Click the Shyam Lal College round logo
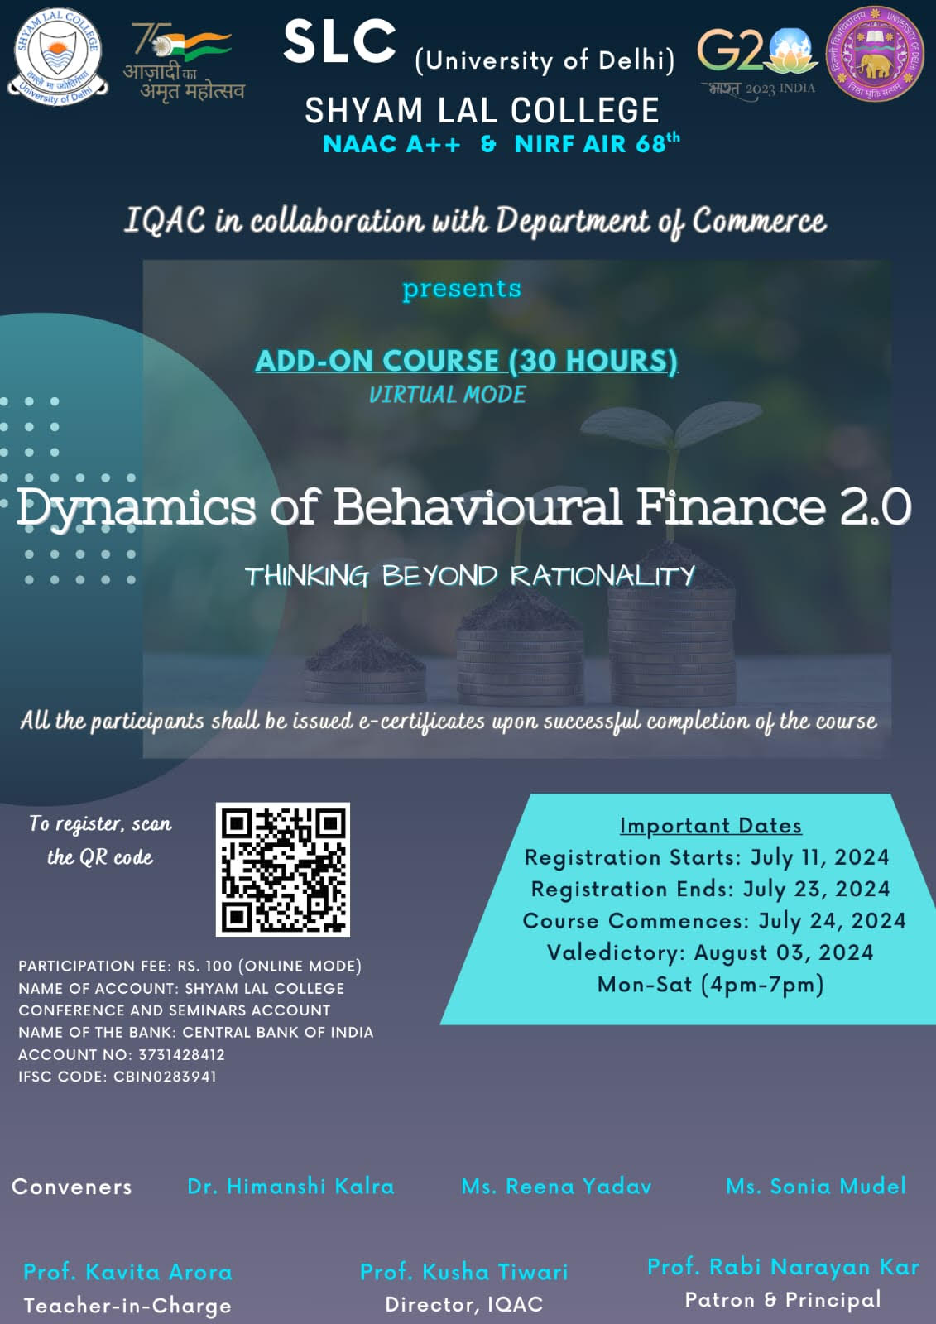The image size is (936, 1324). [x=57, y=57]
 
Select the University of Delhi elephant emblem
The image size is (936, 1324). [x=875, y=55]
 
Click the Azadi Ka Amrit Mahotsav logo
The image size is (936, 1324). [x=184, y=61]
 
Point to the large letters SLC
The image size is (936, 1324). [x=339, y=41]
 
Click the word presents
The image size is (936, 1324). [x=462, y=289]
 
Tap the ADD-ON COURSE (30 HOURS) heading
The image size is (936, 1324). [x=467, y=361]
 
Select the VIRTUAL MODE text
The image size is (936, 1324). [x=447, y=394]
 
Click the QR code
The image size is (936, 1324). [x=283, y=869]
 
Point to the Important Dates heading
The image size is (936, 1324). [x=711, y=825]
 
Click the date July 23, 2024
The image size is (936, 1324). [x=816, y=889]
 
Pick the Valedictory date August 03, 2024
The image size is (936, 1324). [x=784, y=952]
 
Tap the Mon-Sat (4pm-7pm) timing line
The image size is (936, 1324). [x=710, y=985]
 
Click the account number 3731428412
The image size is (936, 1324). [x=181, y=1054]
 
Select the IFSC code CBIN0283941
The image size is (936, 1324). [x=165, y=1077]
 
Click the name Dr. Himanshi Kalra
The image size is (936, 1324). [x=291, y=1187]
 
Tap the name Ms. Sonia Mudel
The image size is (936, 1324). [x=816, y=1187]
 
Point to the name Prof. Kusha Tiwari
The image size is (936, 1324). [x=464, y=1272]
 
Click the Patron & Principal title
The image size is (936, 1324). [x=783, y=1300]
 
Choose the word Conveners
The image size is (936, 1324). [x=72, y=1187]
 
